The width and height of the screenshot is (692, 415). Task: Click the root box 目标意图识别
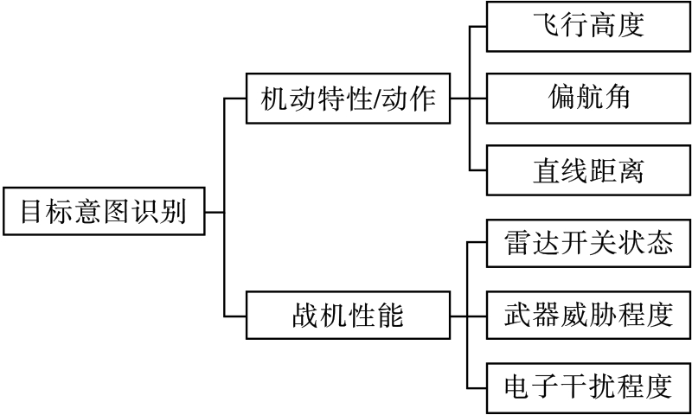tap(104, 210)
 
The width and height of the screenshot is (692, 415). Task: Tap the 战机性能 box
tap(349, 316)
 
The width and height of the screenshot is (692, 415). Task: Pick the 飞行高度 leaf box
tap(588, 26)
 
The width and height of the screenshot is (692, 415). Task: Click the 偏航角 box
tap(588, 98)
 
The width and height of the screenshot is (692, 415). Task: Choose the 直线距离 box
tap(588, 170)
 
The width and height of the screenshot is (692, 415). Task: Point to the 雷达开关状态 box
tap(588, 244)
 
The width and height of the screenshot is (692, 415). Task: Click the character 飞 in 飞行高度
tap(546, 26)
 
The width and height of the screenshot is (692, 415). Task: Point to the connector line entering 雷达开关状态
tap(478, 243)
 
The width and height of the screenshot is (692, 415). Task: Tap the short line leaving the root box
tap(215, 210)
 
